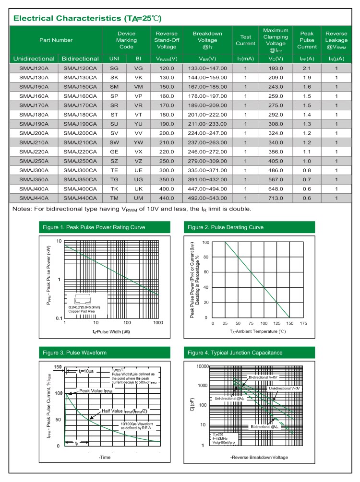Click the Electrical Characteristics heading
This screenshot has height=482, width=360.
pyautogui.click(x=87, y=19)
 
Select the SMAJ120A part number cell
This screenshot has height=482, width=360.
pyautogui.click(x=34, y=69)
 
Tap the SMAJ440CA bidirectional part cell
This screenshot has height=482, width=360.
pyautogui.click(x=80, y=198)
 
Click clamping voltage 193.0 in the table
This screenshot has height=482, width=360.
pyautogui.click(x=276, y=69)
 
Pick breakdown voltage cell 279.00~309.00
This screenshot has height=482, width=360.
pyautogui.click(x=207, y=161)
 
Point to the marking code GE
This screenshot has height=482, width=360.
pyautogui.click(x=114, y=152)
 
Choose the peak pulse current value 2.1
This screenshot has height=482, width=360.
pyautogui.click(x=307, y=69)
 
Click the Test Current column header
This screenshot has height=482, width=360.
pyautogui.click(x=245, y=40)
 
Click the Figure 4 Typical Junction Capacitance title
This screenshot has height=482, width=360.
pyautogui.click(x=235, y=353)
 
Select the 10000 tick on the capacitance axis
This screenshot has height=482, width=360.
pyautogui.click(x=200, y=366)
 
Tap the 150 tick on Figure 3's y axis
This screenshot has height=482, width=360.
pyautogui.click(x=58, y=367)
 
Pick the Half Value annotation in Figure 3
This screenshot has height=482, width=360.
pyautogui.click(x=129, y=411)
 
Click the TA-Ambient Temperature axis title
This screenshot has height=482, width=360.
pyautogui.click(x=257, y=331)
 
